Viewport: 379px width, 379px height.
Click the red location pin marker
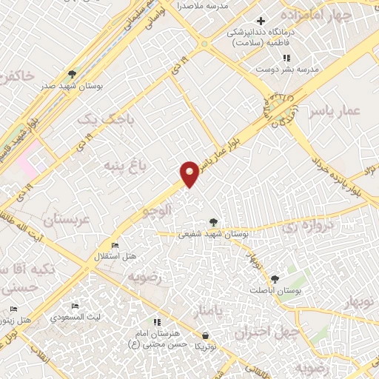(x=189, y=174)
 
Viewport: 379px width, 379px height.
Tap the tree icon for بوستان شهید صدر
(x=72, y=74)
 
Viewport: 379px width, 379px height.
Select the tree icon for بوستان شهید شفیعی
(x=213, y=222)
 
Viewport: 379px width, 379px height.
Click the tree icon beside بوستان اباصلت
(x=275, y=279)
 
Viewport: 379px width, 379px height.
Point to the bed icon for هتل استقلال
(x=115, y=245)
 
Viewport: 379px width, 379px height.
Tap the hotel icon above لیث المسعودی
(x=74, y=306)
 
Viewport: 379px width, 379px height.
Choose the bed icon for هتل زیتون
(x=13, y=309)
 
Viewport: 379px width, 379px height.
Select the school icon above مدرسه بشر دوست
(x=286, y=58)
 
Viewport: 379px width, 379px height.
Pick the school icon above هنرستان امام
(x=157, y=322)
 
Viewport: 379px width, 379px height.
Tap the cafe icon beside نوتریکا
(x=201, y=335)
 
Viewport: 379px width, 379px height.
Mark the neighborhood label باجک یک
(x=98, y=118)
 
